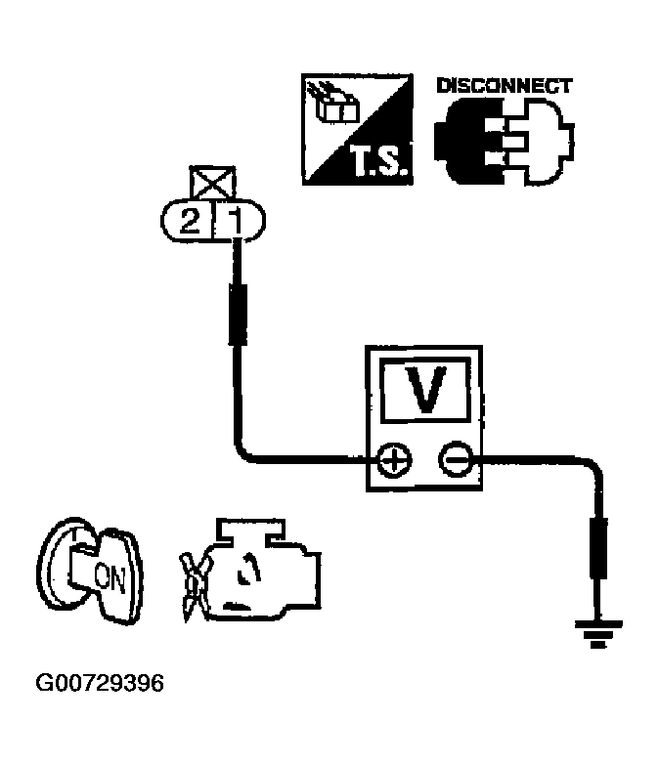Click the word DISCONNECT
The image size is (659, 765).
coord(504,85)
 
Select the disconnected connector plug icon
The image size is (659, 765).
coord(504,139)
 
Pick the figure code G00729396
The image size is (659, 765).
coord(101,681)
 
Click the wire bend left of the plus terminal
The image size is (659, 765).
coord(244,451)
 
